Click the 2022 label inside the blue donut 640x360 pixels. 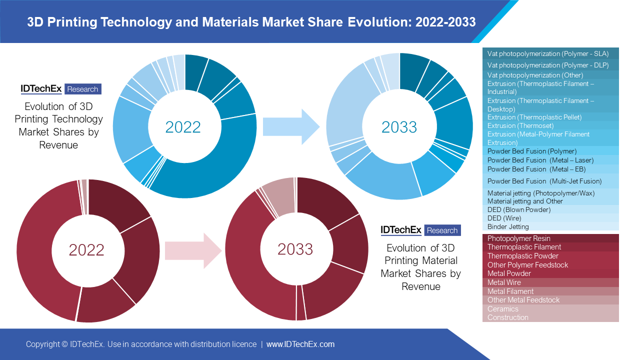(183, 127)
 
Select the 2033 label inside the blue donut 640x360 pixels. (399, 127)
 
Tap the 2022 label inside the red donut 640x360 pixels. (86, 249)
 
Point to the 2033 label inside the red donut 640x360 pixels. (295, 249)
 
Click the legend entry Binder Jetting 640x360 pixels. (508, 226)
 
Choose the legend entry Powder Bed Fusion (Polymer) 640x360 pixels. (532, 151)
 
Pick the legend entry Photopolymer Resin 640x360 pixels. (518, 238)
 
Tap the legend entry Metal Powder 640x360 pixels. (509, 273)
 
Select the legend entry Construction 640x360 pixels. (507, 317)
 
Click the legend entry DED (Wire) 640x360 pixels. (504, 218)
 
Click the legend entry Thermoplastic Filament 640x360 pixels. (524, 247)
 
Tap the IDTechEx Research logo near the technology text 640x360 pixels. (61, 89)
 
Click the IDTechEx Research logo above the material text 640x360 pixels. (420, 230)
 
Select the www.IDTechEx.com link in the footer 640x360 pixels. (300, 344)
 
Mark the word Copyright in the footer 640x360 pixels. (43, 344)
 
